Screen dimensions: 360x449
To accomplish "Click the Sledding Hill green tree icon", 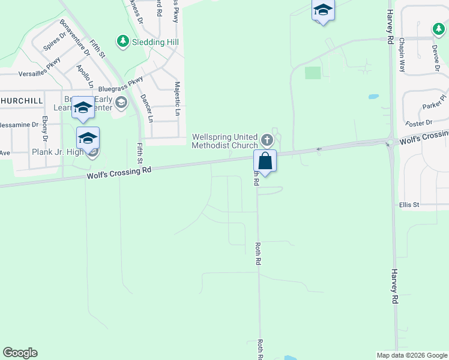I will coord(123,41).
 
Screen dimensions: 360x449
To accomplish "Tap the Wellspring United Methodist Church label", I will coord(225,141).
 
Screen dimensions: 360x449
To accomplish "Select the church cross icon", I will coord(267,141).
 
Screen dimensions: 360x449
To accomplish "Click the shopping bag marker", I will coord(265,161).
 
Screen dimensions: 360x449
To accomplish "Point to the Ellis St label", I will coord(409,205).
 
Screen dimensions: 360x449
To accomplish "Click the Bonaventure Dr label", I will coord(74,38).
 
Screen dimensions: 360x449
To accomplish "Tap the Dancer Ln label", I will coord(143,106).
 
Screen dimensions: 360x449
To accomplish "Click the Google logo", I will coord(20,353).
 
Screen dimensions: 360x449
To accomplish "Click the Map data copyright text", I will coord(411,355).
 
